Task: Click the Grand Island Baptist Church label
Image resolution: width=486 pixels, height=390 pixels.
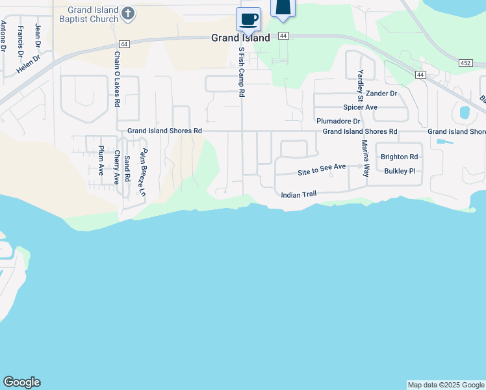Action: point(87,15)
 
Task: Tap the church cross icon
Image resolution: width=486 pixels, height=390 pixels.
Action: point(129,12)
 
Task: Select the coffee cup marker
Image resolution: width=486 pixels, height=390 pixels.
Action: point(248,19)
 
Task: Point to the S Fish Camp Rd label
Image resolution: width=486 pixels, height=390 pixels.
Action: point(242,71)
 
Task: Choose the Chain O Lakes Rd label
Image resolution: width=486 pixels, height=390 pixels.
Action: point(117,79)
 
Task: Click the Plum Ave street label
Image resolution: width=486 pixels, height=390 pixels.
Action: point(101,161)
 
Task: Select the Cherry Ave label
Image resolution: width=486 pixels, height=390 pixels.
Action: point(117,167)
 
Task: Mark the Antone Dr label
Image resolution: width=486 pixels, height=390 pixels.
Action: point(4,38)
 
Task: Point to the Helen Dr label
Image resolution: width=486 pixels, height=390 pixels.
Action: point(29,64)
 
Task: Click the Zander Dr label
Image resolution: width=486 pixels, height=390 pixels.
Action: point(381,94)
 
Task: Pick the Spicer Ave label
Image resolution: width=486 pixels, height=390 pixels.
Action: point(361,107)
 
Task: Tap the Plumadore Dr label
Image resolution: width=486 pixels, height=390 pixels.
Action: point(338,121)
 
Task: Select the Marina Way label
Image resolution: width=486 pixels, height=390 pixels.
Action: point(365,159)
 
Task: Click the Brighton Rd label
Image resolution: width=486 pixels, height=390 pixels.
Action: point(399,157)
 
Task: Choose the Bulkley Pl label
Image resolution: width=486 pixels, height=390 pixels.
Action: point(399,171)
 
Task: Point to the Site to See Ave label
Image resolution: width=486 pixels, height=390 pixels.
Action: point(322,170)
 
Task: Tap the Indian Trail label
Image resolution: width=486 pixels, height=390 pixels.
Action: point(298,195)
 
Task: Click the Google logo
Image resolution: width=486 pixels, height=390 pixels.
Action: point(21,382)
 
